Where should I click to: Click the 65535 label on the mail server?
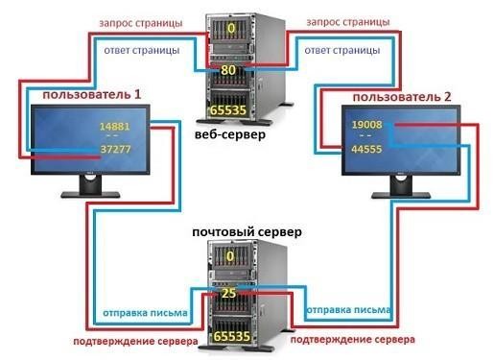pyautogui.click(x=229, y=338)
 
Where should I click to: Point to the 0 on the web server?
pyautogui.click(x=230, y=30)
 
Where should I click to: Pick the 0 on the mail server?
pyautogui.click(x=230, y=255)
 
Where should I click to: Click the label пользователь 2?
pyautogui.click(x=394, y=97)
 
